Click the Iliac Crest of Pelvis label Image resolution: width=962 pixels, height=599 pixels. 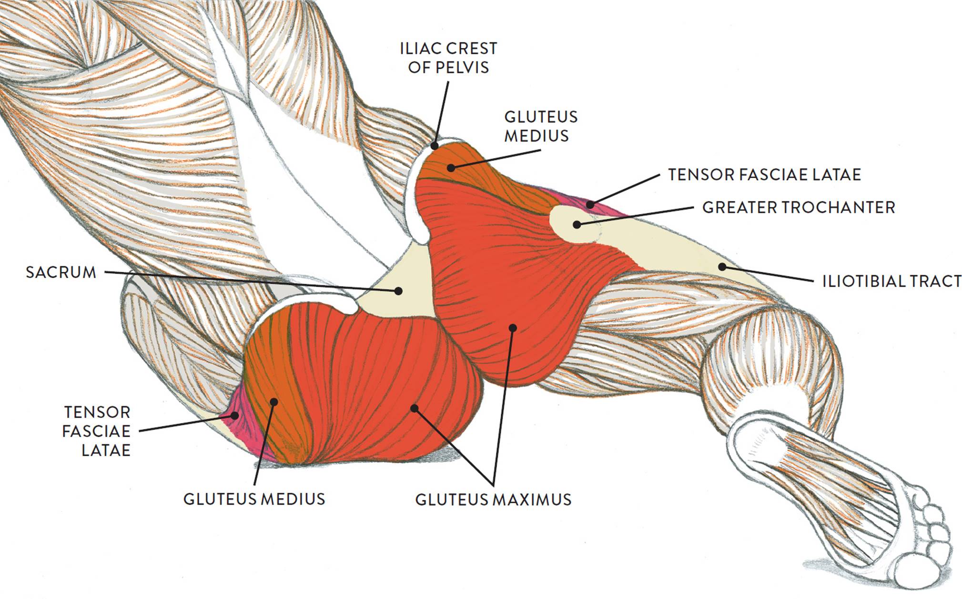click(x=448, y=58)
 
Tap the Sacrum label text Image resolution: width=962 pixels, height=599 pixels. click(x=61, y=272)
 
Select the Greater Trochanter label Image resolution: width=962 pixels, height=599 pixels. click(x=799, y=207)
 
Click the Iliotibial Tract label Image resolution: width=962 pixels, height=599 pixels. click(x=891, y=281)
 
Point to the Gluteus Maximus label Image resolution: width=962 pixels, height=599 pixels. click(x=493, y=499)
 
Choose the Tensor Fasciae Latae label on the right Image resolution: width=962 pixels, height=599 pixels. click(x=764, y=174)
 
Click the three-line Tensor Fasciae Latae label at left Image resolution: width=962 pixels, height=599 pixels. click(x=97, y=431)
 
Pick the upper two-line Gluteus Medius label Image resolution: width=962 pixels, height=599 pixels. click(x=540, y=126)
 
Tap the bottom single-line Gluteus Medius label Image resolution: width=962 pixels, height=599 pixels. click(x=254, y=499)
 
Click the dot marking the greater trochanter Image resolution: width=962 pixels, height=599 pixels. click(x=577, y=224)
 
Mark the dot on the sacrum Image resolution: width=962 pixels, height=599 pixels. click(x=399, y=290)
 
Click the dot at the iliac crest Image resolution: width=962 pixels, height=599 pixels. click(x=435, y=146)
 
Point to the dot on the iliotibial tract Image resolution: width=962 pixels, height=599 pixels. click(x=722, y=267)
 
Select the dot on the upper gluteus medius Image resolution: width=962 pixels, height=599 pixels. click(x=451, y=168)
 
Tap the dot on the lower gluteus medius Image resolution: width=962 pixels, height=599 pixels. click(x=273, y=402)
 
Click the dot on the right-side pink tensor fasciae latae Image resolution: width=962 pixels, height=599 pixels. click(x=590, y=205)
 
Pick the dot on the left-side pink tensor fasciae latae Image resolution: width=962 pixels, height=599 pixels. click(x=234, y=415)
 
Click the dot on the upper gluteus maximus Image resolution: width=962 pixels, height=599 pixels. click(x=513, y=328)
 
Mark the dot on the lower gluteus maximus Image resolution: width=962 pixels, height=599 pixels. click(x=415, y=409)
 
